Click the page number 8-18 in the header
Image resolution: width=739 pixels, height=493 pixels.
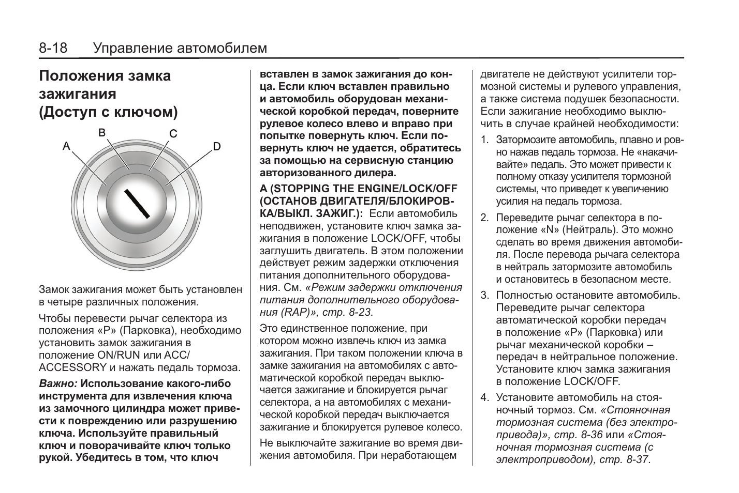point(53,48)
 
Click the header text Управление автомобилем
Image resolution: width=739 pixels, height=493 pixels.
point(180,48)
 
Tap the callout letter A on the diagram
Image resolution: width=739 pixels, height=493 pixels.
point(66,146)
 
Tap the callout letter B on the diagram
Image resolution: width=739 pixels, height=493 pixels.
point(102,132)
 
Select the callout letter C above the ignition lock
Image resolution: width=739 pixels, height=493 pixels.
point(173,134)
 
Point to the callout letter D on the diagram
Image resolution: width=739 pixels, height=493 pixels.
point(217,146)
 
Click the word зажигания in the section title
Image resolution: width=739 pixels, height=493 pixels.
point(78,94)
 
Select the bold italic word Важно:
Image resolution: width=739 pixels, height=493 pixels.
point(58,383)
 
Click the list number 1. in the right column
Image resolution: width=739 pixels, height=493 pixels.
point(484,140)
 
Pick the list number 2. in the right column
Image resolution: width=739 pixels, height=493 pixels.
point(484,218)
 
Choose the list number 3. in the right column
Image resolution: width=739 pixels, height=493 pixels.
point(484,295)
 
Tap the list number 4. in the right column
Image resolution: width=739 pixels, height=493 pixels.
point(484,397)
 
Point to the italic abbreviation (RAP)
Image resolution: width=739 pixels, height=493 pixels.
point(294,312)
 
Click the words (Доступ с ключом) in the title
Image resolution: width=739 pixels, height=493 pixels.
point(109,112)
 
